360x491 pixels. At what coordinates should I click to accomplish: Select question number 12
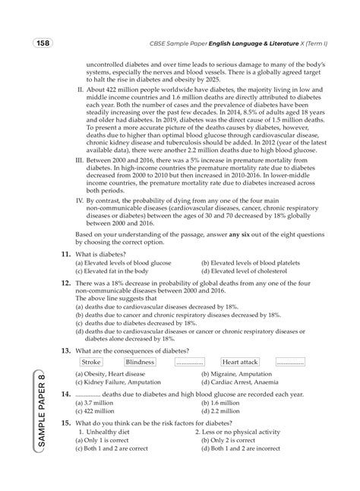pyautogui.click(x=66, y=282)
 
